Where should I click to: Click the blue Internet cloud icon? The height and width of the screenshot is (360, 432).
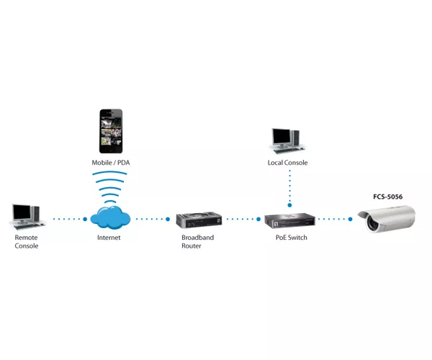(x=110, y=217)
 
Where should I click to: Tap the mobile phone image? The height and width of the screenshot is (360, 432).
(x=111, y=131)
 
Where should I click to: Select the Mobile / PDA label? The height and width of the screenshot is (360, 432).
(x=111, y=163)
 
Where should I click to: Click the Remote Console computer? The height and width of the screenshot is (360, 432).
(x=27, y=217)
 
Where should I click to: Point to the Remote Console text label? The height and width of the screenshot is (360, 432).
(x=27, y=242)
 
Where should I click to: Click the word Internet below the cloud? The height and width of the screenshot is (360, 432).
(x=109, y=238)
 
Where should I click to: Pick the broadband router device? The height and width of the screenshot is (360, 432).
(x=199, y=220)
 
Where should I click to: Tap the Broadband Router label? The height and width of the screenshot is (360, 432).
(x=197, y=242)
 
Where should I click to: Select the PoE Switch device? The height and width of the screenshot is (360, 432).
(x=290, y=220)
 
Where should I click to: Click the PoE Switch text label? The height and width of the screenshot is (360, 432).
(x=292, y=238)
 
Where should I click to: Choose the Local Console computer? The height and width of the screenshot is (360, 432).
(x=287, y=141)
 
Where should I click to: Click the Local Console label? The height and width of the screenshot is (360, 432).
(x=287, y=163)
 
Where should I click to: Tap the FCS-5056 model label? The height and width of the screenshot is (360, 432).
(x=387, y=197)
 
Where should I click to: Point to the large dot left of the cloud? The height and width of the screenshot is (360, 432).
(x=85, y=220)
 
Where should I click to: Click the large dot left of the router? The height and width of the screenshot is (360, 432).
(x=168, y=220)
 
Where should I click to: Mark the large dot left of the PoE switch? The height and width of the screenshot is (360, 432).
(x=258, y=220)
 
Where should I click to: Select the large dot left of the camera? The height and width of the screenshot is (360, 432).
(x=350, y=220)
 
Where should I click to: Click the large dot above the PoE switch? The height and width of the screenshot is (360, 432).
(x=289, y=205)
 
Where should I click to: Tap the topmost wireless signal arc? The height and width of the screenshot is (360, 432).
(x=109, y=172)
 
